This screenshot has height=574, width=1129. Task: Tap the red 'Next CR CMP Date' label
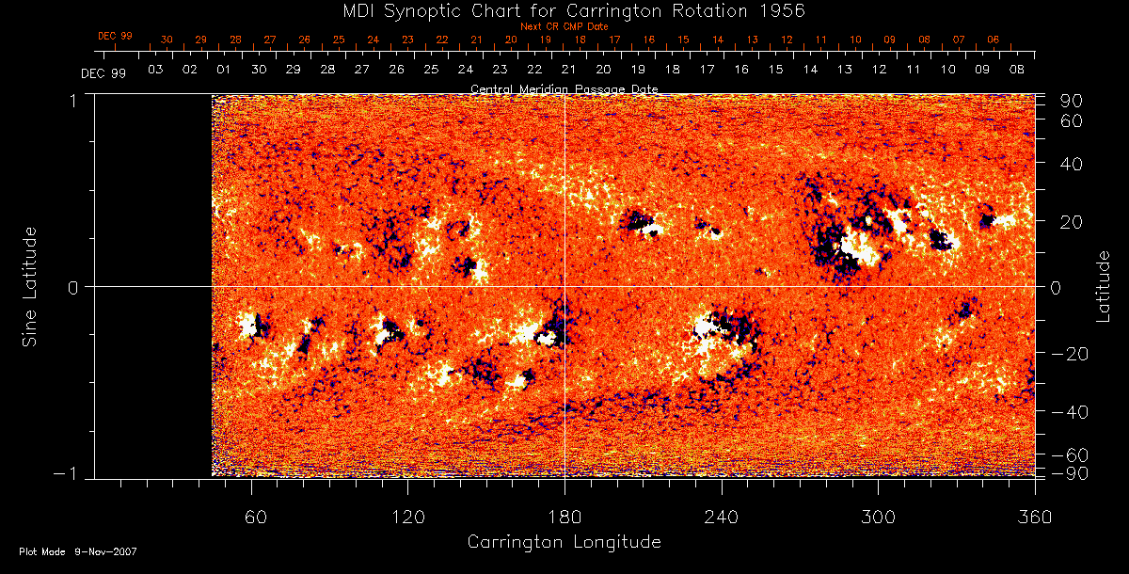coord(564,26)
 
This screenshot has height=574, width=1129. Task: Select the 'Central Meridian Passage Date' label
coord(564,88)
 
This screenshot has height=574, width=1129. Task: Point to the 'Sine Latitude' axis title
coord(29,286)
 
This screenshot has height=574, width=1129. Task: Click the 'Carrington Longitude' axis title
coord(564,542)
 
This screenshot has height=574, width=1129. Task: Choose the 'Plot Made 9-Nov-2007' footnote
coord(78,551)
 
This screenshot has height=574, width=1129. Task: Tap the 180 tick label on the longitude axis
coord(564,517)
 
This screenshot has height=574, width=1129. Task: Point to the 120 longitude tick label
coord(408,517)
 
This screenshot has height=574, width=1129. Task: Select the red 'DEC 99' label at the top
coord(115,36)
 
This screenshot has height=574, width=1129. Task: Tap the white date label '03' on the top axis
coord(155,70)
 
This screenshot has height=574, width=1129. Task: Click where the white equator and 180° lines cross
coord(564,286)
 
